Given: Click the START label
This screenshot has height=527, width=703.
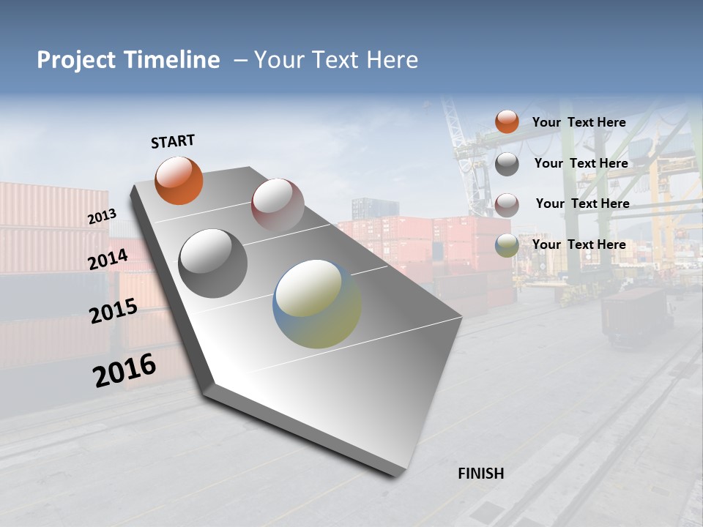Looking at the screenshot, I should [173, 141].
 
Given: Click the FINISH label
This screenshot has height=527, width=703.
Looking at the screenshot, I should [481, 474].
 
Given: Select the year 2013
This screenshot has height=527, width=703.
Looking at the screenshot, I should [102, 217].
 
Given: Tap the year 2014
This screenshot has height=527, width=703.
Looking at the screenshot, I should [108, 259].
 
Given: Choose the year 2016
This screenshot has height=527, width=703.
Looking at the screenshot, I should [124, 370].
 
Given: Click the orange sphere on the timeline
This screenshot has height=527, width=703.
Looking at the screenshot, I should [179, 180].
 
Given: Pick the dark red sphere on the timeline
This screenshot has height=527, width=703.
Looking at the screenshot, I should [278, 205].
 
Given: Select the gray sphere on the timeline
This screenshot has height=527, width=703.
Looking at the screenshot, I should [213, 263].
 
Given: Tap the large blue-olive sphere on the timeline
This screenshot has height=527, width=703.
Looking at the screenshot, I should [317, 304].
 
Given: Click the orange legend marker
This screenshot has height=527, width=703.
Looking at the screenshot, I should [507, 122].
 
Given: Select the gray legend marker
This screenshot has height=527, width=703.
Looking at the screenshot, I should [507, 164].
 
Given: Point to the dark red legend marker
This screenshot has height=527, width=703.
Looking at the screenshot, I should [507, 205].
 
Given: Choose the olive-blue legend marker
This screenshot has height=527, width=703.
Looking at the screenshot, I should [507, 245].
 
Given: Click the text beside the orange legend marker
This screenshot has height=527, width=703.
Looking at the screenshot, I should [579, 123].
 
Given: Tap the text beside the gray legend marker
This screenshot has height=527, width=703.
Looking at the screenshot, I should [581, 163].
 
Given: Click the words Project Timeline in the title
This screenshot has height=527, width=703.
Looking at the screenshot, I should [128, 60].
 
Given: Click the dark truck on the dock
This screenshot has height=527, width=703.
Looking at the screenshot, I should [635, 315].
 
